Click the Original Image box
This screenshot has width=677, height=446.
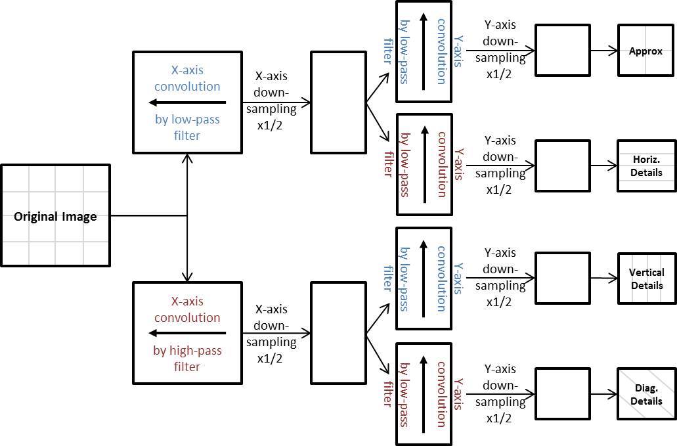point(55,216)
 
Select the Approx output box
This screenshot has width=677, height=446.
point(646,51)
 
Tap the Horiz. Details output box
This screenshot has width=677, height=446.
point(646,166)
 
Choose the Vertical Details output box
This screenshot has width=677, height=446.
point(646,279)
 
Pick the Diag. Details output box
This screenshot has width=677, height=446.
point(646,394)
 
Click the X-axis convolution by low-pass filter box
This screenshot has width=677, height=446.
point(187,102)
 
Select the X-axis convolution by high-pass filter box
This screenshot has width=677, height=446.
point(187,333)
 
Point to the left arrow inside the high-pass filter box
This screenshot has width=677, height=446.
point(187,333)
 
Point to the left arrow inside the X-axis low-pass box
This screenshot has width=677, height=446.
point(187,102)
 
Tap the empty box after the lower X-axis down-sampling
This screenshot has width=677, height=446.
point(338,333)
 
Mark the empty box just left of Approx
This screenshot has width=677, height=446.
point(562,51)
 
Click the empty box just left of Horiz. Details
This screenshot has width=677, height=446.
point(562,166)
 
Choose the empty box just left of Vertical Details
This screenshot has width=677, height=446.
point(562,279)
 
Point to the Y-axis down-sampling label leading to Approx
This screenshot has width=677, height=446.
point(500,49)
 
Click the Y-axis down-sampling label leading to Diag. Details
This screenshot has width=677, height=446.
point(500,393)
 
